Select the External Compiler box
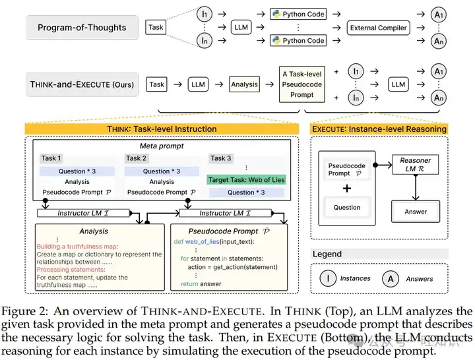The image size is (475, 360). [x=378, y=28]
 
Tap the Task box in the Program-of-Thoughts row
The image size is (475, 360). [x=156, y=28]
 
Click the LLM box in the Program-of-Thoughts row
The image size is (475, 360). [x=241, y=28]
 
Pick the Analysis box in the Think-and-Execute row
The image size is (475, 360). [x=245, y=84]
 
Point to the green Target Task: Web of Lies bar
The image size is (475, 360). [x=246, y=179]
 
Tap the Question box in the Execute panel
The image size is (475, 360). [x=347, y=207]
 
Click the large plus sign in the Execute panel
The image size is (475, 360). [x=347, y=188]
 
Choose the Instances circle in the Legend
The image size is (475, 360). [x=328, y=278]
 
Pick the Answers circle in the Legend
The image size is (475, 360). [x=391, y=278]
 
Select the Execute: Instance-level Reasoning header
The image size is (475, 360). [x=379, y=129]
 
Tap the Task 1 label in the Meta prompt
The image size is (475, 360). [x=51, y=158]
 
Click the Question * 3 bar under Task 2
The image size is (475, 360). [x=162, y=171]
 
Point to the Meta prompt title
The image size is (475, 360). [x=162, y=146]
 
